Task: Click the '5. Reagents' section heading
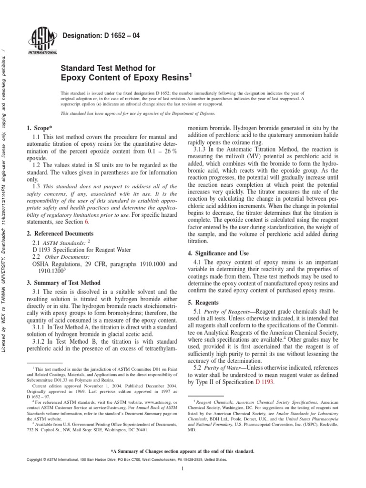203,303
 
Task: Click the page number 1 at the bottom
183,469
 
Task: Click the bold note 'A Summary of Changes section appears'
183,450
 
